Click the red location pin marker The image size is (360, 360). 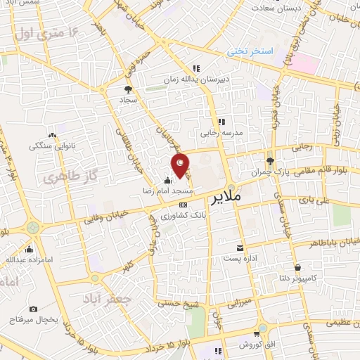point(181,165)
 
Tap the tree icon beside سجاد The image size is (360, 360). point(127,89)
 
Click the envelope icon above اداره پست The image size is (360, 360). point(240,248)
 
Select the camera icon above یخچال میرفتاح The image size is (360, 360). point(34,309)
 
